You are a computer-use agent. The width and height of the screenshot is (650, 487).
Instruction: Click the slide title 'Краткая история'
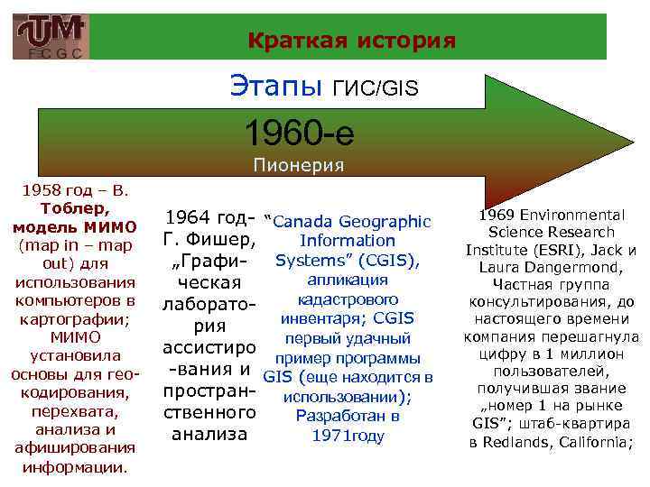point(351,41)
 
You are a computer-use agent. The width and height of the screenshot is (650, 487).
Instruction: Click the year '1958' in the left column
point(40,191)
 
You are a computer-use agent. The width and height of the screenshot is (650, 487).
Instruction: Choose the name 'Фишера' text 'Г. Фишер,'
point(209,241)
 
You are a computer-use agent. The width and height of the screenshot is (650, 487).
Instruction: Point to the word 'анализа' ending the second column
point(209,434)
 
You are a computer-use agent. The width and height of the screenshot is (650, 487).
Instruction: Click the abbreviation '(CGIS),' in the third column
point(385,261)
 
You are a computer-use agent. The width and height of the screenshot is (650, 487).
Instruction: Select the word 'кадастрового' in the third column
point(348,299)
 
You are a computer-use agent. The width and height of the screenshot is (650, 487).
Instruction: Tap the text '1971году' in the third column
point(348,436)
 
